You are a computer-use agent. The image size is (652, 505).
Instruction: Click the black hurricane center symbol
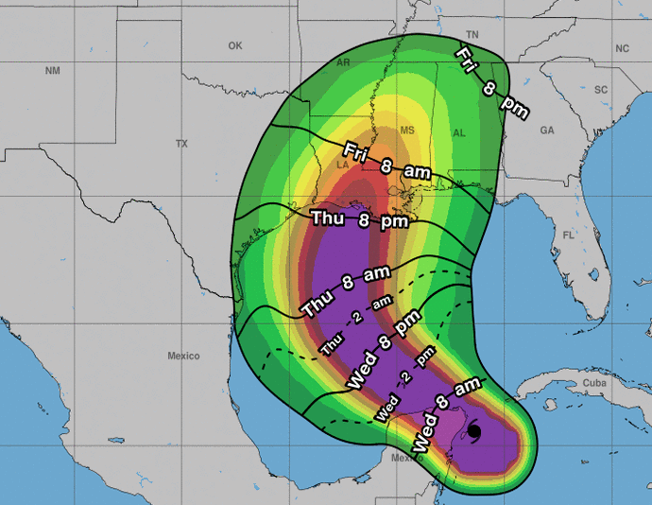pyautogui.click(x=474, y=432)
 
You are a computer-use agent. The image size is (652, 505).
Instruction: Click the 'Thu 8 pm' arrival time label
pyautogui.click(x=359, y=219)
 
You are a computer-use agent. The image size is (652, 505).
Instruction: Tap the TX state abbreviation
pyautogui.click(x=181, y=144)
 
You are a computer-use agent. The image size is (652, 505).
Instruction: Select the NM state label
pyautogui.click(x=52, y=71)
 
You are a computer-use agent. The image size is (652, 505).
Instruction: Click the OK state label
pyautogui.click(x=234, y=45)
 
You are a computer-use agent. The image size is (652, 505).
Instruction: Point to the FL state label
pyautogui.click(x=568, y=235)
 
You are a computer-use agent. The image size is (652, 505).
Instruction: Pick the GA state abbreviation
pyautogui.click(x=546, y=131)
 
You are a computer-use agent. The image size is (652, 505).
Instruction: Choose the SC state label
pyautogui.click(x=600, y=89)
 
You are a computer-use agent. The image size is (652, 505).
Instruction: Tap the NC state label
pyautogui.click(x=622, y=48)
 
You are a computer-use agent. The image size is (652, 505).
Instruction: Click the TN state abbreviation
pyautogui.click(x=473, y=35)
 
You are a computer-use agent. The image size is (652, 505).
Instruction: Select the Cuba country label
pyautogui.click(x=593, y=383)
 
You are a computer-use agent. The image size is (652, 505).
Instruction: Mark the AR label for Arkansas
pyautogui.click(x=343, y=62)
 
